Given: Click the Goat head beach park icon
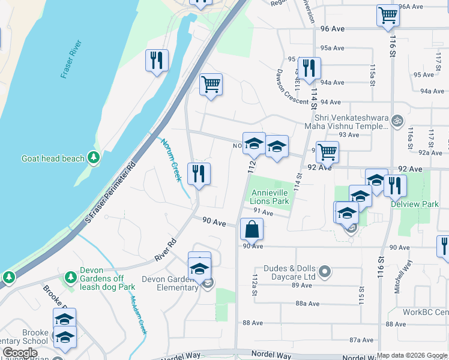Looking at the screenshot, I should tap(94, 158).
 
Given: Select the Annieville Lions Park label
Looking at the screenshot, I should tap(270, 197).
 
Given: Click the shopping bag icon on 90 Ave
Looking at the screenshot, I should tap(252, 229).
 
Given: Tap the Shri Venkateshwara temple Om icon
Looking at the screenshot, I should tap(396, 121).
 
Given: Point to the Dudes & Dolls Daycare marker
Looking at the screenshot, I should tap(325, 272).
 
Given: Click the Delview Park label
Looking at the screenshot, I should tap(423, 204).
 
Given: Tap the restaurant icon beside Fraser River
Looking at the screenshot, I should tap(157, 60).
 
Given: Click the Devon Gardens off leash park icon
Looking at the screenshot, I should tap(71, 277).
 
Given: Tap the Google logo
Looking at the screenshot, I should tap(20, 353).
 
